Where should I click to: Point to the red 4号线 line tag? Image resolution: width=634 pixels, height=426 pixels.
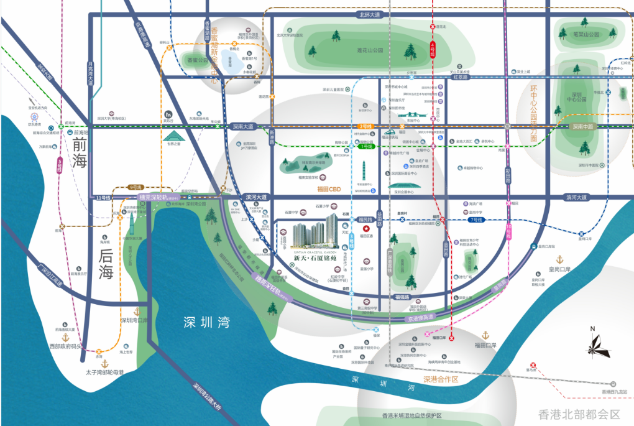tap(433, 47)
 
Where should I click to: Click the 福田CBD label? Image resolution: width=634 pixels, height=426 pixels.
tap(329, 189)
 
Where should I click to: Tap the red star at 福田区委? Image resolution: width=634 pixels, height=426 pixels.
tap(367, 229)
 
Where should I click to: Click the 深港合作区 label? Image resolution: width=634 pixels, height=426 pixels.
tap(440, 379)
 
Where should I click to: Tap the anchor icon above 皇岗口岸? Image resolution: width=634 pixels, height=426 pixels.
tap(559, 259)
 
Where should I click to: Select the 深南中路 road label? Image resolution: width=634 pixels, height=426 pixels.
tap(584, 126)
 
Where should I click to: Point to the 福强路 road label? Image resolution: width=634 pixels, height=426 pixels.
tap(402, 297)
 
